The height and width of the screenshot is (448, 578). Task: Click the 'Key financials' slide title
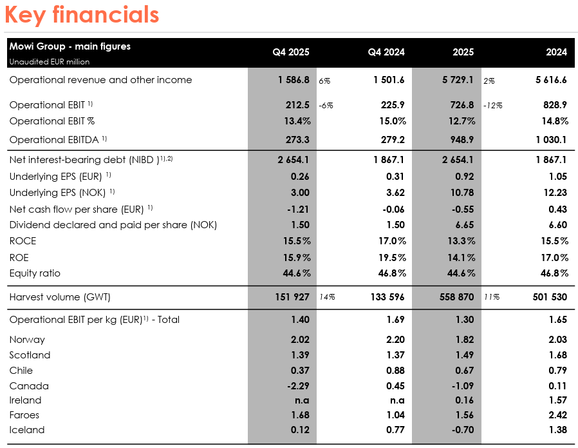tap(82, 14)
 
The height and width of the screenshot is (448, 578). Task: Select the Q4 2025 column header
tap(291, 52)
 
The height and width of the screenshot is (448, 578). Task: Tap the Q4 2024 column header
tap(386, 52)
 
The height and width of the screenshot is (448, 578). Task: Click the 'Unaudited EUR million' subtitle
tap(49, 62)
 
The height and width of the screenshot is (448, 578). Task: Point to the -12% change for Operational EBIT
tap(492, 105)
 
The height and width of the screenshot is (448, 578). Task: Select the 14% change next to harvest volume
tap(327, 297)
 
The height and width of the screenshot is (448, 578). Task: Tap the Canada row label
tap(29, 386)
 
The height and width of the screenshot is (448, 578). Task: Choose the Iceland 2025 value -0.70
tap(461, 430)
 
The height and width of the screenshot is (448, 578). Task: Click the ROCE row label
tap(23, 241)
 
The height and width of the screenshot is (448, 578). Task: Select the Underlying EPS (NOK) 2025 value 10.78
tap(460, 192)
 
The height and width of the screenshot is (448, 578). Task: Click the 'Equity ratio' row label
tap(35, 273)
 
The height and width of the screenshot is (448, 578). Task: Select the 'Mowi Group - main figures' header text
tap(70, 46)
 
